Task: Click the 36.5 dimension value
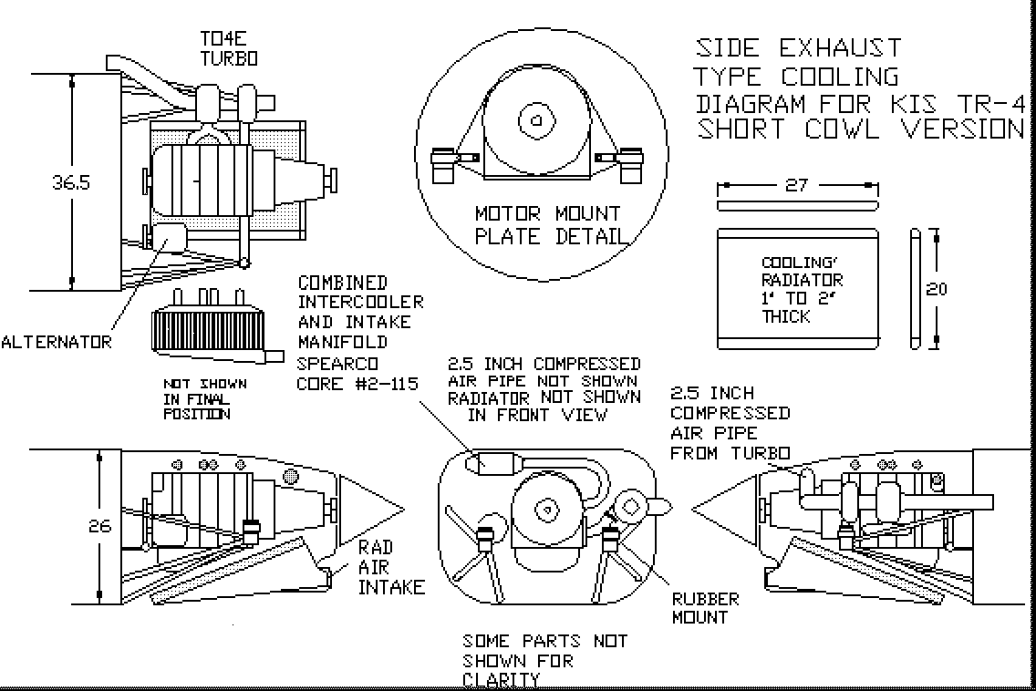pos(70,182)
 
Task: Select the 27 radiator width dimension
pos(796,185)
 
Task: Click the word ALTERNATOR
pos(57,343)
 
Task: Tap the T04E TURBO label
pos(228,48)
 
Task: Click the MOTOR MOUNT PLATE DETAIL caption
pos(548,225)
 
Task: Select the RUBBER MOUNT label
pos(705,608)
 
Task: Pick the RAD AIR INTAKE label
pos(391,567)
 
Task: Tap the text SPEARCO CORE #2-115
pos(357,373)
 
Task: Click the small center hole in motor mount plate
pos(537,120)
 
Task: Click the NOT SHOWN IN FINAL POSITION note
pos(204,398)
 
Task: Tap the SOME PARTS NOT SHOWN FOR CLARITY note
pos(544,660)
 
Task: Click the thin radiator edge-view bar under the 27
pos(799,205)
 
